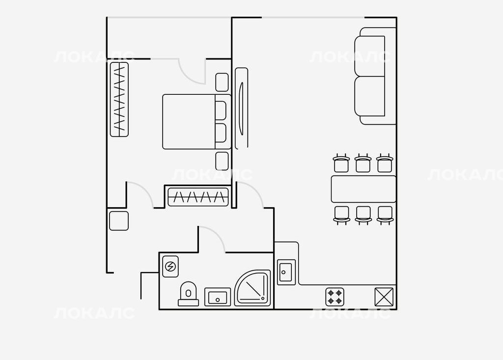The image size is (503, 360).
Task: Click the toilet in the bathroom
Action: [188, 294]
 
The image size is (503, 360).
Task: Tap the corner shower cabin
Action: [252, 288]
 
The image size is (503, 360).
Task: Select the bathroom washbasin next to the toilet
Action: [218, 297]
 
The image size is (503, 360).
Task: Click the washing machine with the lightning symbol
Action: [170, 266]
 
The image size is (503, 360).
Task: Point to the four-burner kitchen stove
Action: [335, 297]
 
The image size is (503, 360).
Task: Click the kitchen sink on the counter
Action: [286, 272]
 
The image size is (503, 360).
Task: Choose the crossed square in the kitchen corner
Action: [384, 297]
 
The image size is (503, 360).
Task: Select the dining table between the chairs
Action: [363, 189]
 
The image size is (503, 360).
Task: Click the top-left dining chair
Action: [341, 163]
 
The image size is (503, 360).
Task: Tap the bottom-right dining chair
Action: [385, 215]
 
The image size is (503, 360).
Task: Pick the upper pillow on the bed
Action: [221, 111]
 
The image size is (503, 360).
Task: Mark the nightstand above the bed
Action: [222, 82]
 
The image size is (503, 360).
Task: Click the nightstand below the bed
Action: [222, 161]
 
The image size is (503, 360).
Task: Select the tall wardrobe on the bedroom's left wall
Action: [119, 100]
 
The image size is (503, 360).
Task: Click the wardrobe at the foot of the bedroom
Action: [198, 196]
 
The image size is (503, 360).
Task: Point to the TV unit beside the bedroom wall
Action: [242, 109]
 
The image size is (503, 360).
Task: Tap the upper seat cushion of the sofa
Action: [370, 56]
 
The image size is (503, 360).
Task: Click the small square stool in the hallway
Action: [119, 221]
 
